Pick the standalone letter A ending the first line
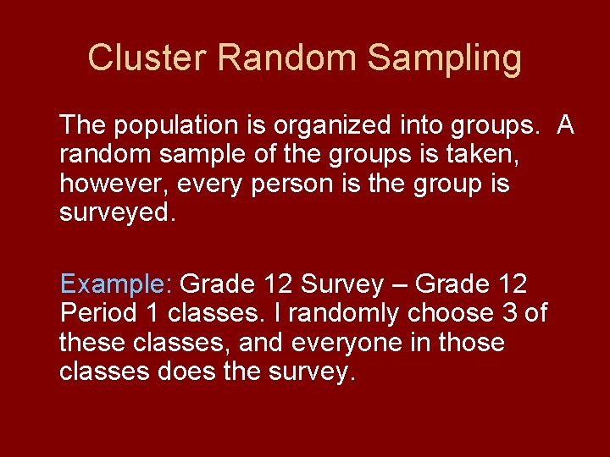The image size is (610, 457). coord(566,126)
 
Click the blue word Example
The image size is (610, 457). coord(116,283)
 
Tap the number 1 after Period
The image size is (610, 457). coord(152,313)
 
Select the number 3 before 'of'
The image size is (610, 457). coord(510,313)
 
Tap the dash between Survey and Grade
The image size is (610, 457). coord(401,284)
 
